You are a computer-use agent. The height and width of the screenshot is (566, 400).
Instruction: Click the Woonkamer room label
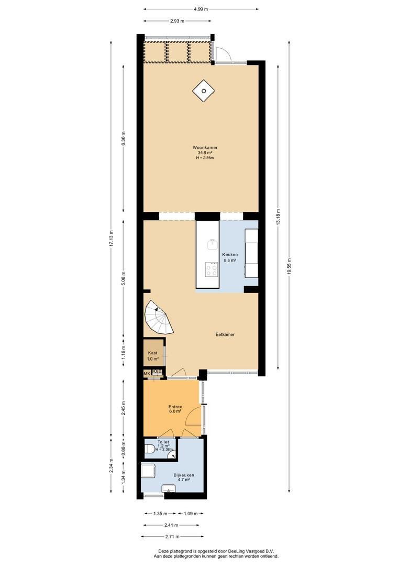[x=205, y=147]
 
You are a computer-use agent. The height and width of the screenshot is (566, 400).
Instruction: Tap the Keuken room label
[x=230, y=255]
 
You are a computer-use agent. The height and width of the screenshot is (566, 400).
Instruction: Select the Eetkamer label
[x=225, y=334]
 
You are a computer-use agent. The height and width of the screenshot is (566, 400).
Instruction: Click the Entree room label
[x=175, y=407]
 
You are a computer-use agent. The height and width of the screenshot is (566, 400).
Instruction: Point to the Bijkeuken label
[x=184, y=475]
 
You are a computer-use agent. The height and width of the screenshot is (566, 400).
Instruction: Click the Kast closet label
[x=152, y=353]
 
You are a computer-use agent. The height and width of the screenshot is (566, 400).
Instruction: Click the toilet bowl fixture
[x=149, y=449]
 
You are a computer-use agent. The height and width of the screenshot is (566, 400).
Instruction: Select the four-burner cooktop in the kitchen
[x=212, y=269]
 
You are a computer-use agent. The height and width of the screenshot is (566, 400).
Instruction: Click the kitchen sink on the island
[x=212, y=245]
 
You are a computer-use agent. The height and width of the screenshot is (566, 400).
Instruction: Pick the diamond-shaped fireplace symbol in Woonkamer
[x=204, y=91]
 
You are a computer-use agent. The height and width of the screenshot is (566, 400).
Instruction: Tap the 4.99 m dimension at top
[x=201, y=9]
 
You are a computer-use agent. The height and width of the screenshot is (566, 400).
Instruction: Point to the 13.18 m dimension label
[x=277, y=217]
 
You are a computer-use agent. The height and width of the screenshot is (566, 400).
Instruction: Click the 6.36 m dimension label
[x=124, y=138]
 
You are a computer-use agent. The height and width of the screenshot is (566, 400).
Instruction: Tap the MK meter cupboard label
[x=147, y=373]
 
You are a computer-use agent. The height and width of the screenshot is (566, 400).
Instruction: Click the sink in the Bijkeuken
[x=169, y=488]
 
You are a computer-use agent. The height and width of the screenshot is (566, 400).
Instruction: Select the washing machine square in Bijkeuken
[x=148, y=471]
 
